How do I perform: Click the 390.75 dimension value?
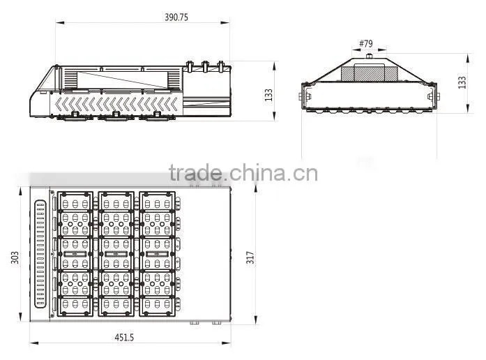coord(176,17)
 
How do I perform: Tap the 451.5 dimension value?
coord(124,338)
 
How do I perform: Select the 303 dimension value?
coord(15,257)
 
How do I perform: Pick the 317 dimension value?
coord(250,257)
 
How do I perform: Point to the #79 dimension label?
coord(366,43)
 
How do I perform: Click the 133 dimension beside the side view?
coord(268,95)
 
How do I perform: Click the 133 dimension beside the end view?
coord(462,82)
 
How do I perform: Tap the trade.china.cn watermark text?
coord(243,173)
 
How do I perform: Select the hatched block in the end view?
coord(369,73)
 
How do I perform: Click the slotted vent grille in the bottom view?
coord(40,254)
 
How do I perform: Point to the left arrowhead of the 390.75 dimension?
coord(60,22)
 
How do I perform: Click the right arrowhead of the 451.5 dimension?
coord(227,343)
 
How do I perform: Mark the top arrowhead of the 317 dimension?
coord(256,190)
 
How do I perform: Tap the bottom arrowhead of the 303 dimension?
coord(20,317)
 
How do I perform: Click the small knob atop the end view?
coord(369,56)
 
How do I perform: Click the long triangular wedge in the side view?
coord(122,80)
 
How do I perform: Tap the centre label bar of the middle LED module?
coord(116,254)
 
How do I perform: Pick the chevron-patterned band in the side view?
coord(117,104)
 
